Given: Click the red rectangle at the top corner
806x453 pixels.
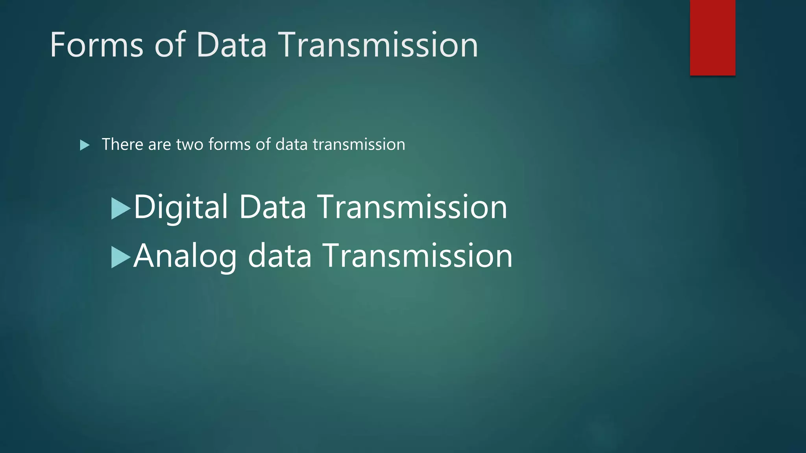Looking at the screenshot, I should tap(712, 37).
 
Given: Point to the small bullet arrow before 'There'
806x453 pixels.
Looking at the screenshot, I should tap(84, 145).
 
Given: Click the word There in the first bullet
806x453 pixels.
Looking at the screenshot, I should tap(122, 144).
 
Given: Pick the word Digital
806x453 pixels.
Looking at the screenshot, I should tap(181, 207).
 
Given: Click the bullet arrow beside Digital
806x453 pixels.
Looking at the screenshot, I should tap(120, 208).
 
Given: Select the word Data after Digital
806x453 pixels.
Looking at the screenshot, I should tap(272, 207).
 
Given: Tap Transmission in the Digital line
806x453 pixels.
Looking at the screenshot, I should tap(412, 207).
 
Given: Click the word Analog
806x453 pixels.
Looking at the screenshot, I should tap(185, 256).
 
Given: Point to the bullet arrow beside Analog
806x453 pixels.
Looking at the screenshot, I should tap(120, 257).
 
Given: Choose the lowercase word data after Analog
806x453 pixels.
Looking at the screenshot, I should tap(280, 256).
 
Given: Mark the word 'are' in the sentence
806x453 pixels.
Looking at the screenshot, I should tap(159, 144).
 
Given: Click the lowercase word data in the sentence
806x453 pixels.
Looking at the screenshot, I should tap(291, 144).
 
